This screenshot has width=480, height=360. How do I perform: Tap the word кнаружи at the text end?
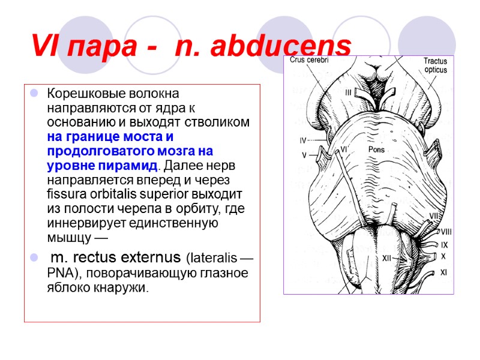click(x=124, y=287)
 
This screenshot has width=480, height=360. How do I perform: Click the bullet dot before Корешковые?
click(x=34, y=94)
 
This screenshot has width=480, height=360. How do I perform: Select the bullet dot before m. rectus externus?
click(x=34, y=258)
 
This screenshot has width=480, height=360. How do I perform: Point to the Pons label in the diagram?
click(x=376, y=150)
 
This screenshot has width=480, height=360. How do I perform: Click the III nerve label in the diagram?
click(x=348, y=92)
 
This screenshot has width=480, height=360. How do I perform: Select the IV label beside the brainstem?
click(x=303, y=141)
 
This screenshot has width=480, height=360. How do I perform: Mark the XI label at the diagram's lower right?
click(x=443, y=272)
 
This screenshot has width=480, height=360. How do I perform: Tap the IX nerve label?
click(x=444, y=244)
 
